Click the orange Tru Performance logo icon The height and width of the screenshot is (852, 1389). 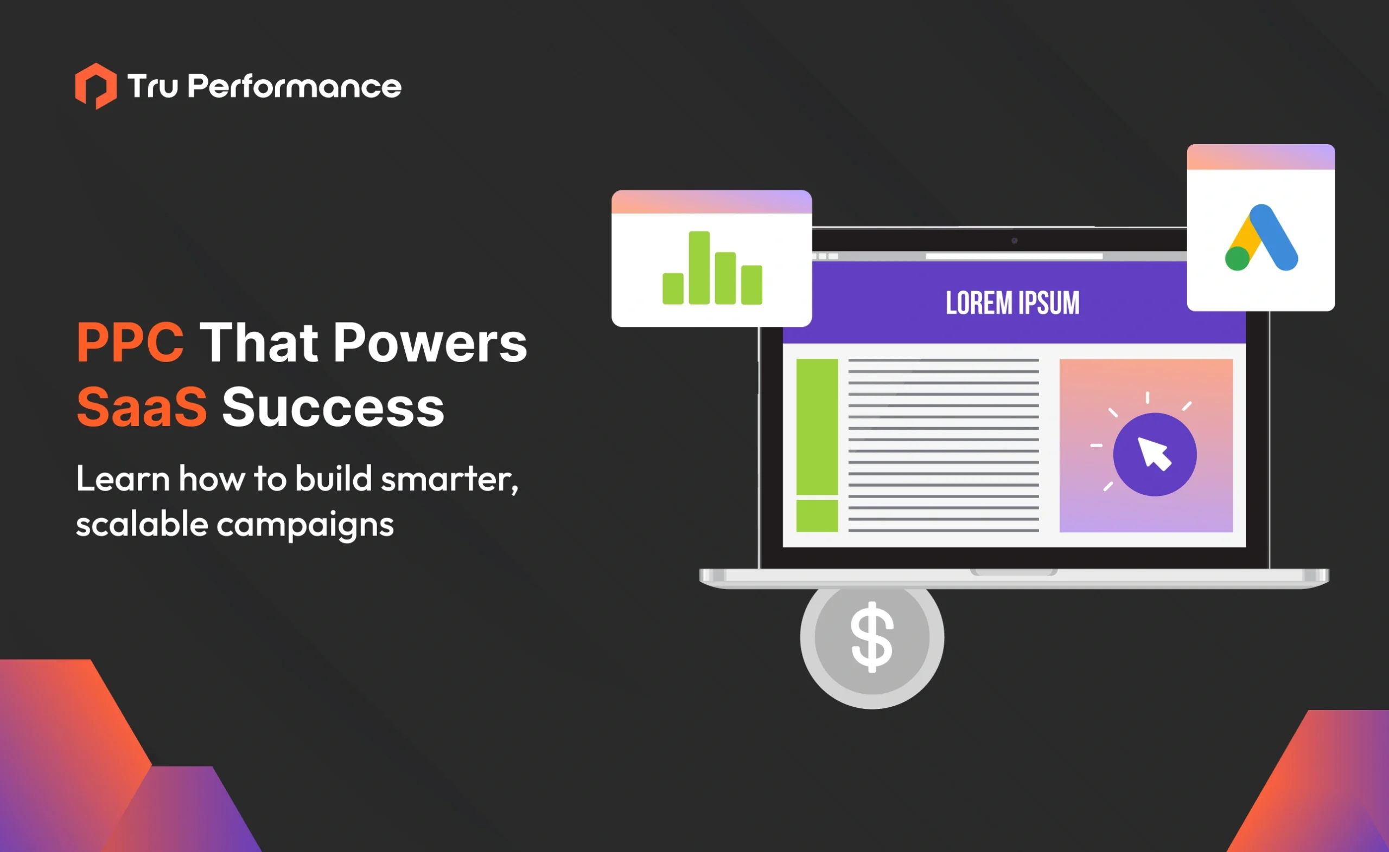[x=96, y=86]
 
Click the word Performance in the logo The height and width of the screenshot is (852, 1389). [x=295, y=87]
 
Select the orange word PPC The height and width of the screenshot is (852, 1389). [x=130, y=343]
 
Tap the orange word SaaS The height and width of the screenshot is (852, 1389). [x=142, y=407]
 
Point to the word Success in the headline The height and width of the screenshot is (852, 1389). [x=333, y=407]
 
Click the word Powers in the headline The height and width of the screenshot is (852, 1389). [x=430, y=343]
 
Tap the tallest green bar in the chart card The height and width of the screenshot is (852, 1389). [x=699, y=268]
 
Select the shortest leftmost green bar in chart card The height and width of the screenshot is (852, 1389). [x=673, y=288]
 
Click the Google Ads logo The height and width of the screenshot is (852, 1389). [x=1261, y=238]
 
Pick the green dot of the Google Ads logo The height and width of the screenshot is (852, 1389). [x=1237, y=259]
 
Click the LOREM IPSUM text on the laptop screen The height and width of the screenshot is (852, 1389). [x=1012, y=303]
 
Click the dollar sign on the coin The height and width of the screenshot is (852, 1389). [x=872, y=637]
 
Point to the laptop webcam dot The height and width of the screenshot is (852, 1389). [x=1014, y=241]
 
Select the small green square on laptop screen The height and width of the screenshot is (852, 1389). [x=817, y=515]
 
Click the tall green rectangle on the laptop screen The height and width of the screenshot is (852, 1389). [x=817, y=427]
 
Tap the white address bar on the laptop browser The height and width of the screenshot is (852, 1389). [x=1014, y=256]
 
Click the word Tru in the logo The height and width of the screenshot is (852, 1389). [x=153, y=87]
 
